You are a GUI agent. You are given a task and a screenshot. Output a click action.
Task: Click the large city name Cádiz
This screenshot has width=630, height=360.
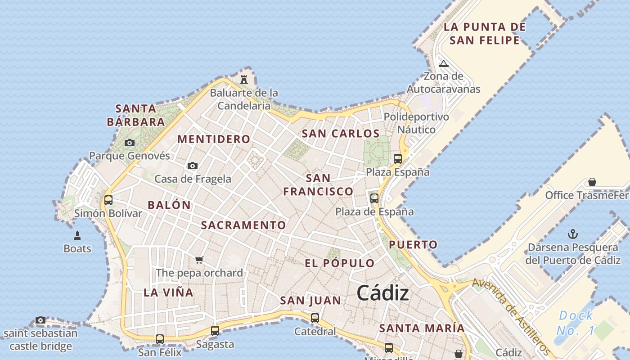[x=383, y=293]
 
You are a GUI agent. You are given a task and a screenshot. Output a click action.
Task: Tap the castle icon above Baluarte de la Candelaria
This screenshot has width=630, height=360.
[x=244, y=80]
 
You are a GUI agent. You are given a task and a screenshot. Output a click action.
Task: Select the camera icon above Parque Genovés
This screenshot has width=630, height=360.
[x=130, y=143]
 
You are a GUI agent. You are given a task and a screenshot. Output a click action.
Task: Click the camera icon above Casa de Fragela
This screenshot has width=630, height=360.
[x=193, y=166]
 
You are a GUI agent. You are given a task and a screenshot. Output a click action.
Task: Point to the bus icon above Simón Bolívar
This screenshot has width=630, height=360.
[x=108, y=200]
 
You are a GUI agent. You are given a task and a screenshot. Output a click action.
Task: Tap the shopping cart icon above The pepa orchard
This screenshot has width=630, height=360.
[x=199, y=260]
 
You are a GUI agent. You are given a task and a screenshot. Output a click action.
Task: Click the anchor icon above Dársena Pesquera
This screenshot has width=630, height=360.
[x=573, y=234]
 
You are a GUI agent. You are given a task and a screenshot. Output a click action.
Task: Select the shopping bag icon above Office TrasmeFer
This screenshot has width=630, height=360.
[x=592, y=182]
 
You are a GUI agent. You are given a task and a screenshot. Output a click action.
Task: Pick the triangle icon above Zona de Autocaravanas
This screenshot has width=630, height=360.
[x=444, y=63]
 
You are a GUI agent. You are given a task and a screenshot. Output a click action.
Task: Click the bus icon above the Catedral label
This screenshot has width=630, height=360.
[x=315, y=318]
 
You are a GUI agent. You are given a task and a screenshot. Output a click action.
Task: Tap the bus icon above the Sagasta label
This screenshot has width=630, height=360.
[x=215, y=331]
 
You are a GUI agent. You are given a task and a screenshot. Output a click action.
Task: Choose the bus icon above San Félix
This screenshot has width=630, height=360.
[x=160, y=339]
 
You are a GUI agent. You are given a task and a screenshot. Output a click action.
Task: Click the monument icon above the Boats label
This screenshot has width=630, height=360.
[x=77, y=235]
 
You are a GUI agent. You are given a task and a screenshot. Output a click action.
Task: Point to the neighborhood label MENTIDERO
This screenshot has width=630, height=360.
[x=214, y=139]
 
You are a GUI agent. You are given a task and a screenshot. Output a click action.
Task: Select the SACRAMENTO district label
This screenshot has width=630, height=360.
[x=243, y=225]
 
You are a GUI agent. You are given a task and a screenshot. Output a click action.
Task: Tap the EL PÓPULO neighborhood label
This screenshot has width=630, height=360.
[x=340, y=263]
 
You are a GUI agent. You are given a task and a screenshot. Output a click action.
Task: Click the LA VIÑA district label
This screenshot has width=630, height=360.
[x=168, y=292]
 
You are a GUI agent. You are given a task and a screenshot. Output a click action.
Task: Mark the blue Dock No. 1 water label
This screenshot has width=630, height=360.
[x=576, y=323]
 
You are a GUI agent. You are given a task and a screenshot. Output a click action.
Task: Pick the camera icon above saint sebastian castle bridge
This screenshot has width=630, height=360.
[x=40, y=320]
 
